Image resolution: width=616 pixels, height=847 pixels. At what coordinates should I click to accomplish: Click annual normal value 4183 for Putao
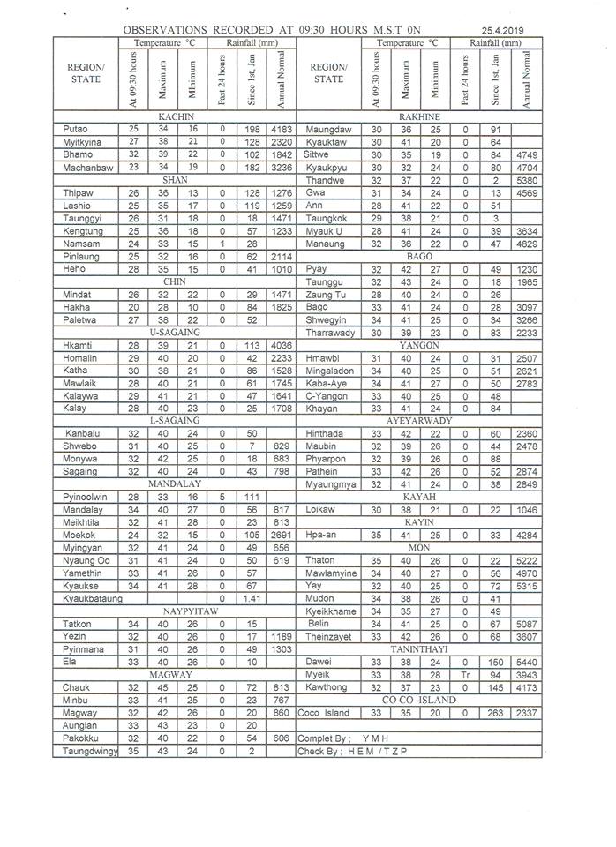pyautogui.click(x=282, y=129)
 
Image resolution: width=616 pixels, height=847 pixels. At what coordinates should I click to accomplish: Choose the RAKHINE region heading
pyautogui.click(x=419, y=116)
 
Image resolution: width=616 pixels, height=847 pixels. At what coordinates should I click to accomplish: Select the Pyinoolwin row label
pyautogui.click(x=86, y=498)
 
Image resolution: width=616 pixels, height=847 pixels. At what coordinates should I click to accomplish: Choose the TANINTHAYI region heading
pyautogui.click(x=418, y=648)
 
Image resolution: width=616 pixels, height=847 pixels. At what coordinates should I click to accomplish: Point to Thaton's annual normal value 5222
pyautogui.click(x=527, y=560)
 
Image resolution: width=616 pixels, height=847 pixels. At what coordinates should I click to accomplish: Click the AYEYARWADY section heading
pyautogui.click(x=419, y=421)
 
